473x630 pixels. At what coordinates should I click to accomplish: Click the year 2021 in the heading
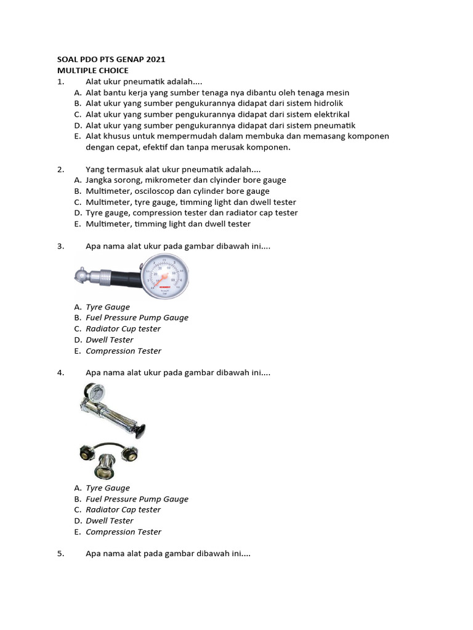click(154, 60)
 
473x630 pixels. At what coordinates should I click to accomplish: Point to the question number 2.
click(60, 169)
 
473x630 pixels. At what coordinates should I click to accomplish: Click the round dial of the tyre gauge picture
click(165, 275)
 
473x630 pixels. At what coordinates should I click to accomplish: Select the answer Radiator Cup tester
click(123, 329)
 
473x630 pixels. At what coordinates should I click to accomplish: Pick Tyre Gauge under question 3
click(108, 307)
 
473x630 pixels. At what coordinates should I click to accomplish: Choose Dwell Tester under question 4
click(110, 520)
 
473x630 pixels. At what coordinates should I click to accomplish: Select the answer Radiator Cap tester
click(123, 509)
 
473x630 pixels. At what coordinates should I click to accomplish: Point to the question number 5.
click(60, 554)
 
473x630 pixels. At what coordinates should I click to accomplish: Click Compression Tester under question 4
click(123, 532)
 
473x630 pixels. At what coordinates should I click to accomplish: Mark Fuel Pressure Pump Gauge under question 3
click(137, 317)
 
